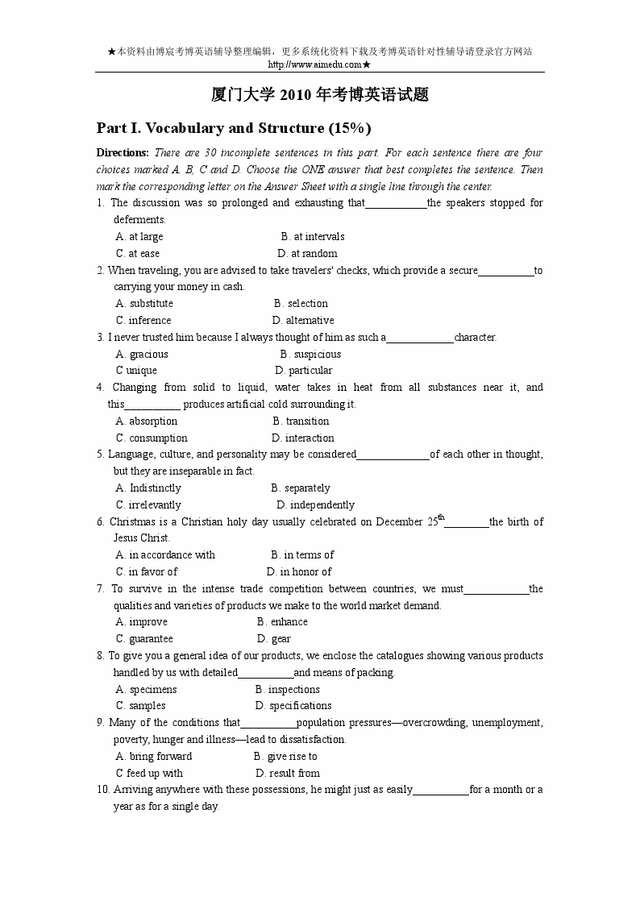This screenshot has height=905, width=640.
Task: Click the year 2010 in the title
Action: tap(296, 95)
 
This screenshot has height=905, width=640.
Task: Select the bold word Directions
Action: tap(123, 153)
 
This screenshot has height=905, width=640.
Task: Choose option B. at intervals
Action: tap(313, 237)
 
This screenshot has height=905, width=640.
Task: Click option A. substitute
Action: tap(144, 304)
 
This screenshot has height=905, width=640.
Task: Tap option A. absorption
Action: tap(147, 421)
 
